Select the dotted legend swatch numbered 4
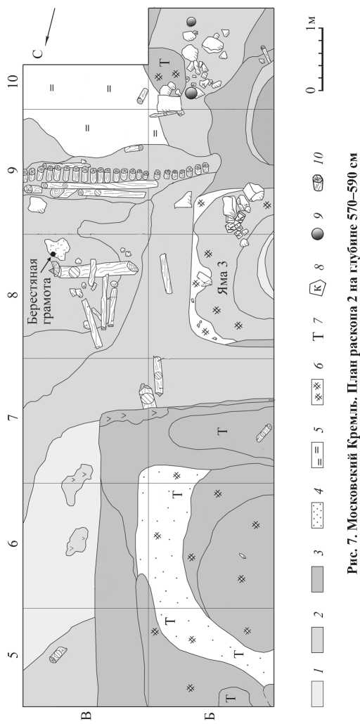(318, 504)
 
